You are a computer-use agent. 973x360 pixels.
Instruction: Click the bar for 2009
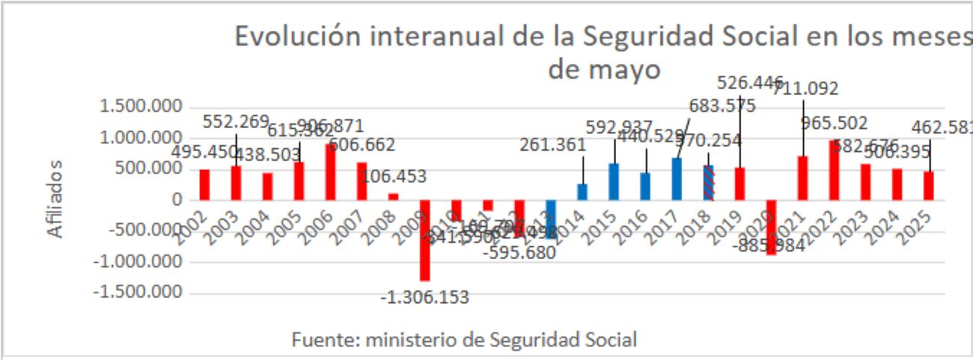(x=424, y=240)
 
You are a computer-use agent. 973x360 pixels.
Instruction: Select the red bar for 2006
(x=330, y=171)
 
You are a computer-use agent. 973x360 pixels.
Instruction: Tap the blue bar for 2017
(x=677, y=178)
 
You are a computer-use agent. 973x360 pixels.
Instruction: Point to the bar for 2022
(x=834, y=170)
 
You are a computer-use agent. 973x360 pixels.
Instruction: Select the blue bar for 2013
(x=551, y=219)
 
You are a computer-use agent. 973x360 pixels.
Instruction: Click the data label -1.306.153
(x=425, y=297)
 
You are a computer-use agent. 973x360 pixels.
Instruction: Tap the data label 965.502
(x=834, y=123)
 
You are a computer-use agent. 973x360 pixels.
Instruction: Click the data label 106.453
(x=394, y=177)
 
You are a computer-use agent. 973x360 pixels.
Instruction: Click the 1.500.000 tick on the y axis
(x=140, y=106)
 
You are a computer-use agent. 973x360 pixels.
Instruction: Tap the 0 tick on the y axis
(x=177, y=200)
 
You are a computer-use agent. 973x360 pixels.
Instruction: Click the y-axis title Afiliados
(x=56, y=199)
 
